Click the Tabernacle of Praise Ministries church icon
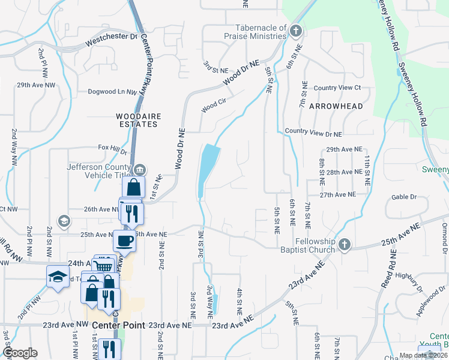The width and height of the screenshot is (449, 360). pyautogui.click(x=295, y=31)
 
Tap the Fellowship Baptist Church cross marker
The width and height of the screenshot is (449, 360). pyautogui.click(x=344, y=244)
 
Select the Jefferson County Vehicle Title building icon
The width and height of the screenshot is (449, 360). pyautogui.click(x=140, y=169)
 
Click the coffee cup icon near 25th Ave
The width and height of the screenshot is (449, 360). pyautogui.click(x=124, y=241)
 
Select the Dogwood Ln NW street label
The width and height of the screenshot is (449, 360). pyautogui.click(x=113, y=92)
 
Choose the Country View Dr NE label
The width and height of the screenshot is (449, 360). pyautogui.click(x=313, y=132)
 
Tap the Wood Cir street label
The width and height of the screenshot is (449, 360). pyautogui.click(x=213, y=106)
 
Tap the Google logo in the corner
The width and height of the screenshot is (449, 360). pyautogui.click(x=20, y=353)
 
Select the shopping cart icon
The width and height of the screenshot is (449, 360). pyautogui.click(x=103, y=266)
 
